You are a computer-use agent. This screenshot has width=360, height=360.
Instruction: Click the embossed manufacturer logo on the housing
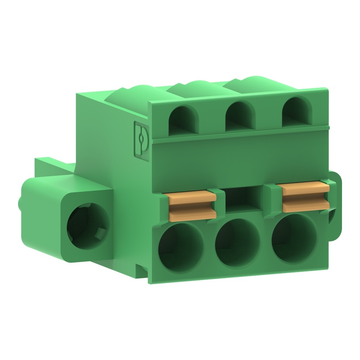pos(141,139)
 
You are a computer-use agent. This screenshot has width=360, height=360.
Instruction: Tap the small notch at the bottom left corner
pos(142,270)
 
